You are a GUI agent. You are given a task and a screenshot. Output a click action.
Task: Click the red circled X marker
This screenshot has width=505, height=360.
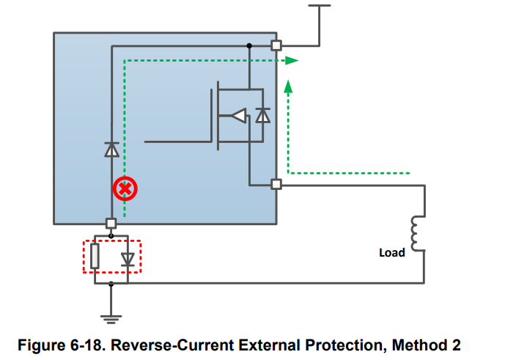pyautogui.click(x=125, y=188)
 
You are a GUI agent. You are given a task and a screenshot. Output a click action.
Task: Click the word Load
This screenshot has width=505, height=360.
pyautogui.click(x=392, y=253)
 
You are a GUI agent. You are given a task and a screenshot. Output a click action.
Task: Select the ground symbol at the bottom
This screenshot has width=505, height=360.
pyautogui.click(x=111, y=319)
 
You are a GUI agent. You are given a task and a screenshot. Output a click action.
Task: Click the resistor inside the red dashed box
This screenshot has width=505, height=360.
pyautogui.click(x=95, y=256)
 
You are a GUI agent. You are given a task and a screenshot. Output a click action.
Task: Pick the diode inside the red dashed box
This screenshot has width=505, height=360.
pyautogui.click(x=128, y=259)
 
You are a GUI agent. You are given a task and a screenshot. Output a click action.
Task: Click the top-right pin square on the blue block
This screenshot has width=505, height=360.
pyautogui.click(x=276, y=45)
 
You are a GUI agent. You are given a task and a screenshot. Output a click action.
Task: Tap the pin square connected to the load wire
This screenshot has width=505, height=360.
pyautogui.click(x=276, y=184)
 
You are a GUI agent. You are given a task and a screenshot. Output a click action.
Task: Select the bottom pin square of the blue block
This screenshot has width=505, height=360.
pyautogui.click(x=111, y=223)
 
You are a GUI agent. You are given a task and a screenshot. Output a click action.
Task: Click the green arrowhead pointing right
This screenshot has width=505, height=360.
pyautogui.click(x=292, y=60)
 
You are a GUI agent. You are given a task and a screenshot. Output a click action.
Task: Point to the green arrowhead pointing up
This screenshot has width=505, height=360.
pyautogui.click(x=288, y=87)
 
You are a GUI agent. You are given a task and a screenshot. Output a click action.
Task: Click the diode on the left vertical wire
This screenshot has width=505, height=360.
pyautogui.click(x=111, y=150)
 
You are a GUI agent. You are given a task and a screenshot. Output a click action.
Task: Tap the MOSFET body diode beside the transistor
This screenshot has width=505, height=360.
pyautogui.click(x=263, y=115)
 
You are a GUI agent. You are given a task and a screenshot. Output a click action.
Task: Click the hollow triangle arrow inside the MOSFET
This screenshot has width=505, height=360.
pyautogui.click(x=239, y=115)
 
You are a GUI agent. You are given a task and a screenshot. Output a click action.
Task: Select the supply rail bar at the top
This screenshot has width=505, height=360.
pyautogui.click(x=320, y=5)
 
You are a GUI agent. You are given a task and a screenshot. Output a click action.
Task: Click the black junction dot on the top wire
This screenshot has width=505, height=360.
pyautogui.click(x=249, y=45)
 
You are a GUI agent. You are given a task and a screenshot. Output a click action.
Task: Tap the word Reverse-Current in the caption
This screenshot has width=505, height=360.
pyautogui.click(x=172, y=345)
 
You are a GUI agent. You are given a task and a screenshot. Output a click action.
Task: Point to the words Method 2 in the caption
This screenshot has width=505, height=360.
pyautogui.click(x=426, y=345)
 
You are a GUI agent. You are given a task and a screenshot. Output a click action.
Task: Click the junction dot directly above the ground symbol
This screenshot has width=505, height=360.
pyautogui.click(x=111, y=284)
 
